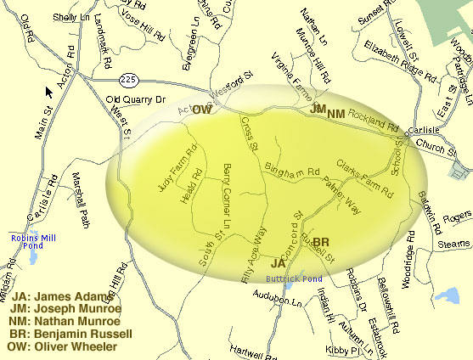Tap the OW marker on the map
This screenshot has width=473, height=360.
pyautogui.click(x=202, y=110)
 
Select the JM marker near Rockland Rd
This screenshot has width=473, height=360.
pyautogui.click(x=318, y=110)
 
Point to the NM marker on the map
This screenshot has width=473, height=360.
pyautogui.click(x=336, y=114)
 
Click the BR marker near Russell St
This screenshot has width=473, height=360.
pyautogui.click(x=321, y=243)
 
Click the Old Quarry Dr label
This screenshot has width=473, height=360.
pyautogui.click(x=132, y=99)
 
